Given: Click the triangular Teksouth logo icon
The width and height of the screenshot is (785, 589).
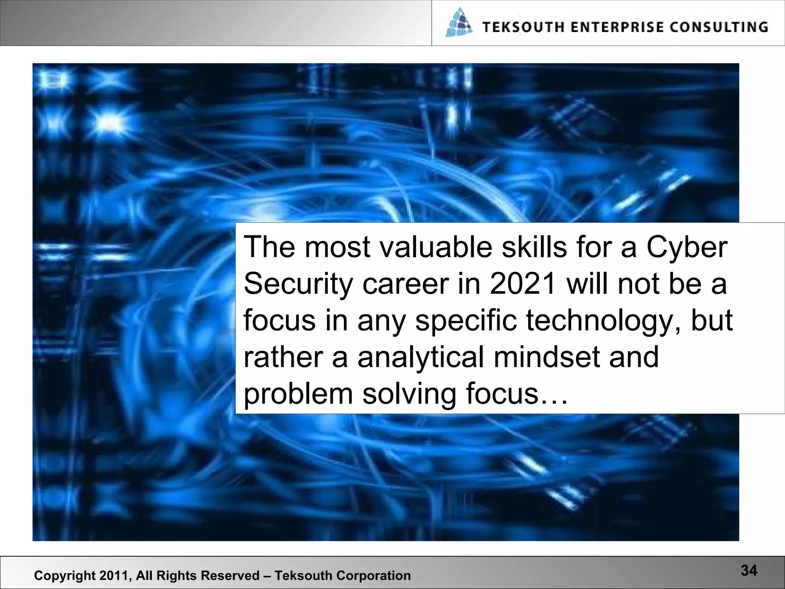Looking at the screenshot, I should [459, 23].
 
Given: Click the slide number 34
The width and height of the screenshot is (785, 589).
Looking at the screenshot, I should [749, 571].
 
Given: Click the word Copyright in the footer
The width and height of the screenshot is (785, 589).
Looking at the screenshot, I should [65, 576].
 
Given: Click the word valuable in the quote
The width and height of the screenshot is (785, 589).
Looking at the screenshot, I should [435, 247].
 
